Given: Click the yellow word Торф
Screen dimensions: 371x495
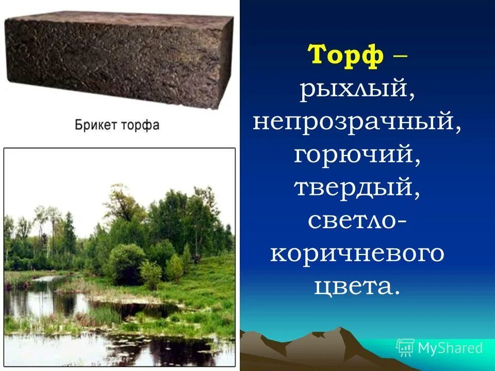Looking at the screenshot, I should point(345,56).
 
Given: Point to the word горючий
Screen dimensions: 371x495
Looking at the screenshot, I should point(357,154).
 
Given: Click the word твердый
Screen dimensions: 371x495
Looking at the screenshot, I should point(357,188).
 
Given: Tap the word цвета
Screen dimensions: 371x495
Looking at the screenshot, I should point(357,286).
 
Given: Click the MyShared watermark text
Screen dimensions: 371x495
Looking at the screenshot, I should point(450,348).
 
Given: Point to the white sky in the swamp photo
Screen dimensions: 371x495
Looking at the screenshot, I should point(77,175).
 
